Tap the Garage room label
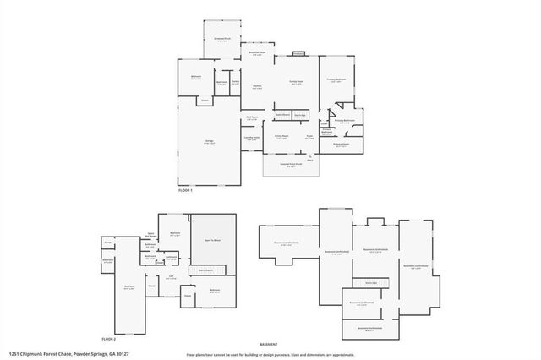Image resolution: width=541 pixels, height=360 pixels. pyautogui.click(x=207, y=142)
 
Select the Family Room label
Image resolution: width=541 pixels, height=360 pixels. pyautogui.click(x=296, y=83)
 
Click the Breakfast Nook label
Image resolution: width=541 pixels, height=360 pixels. pyautogui.click(x=256, y=53)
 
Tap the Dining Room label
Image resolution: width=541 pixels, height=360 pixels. pyautogui.click(x=281, y=136)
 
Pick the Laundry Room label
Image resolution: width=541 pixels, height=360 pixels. pyautogui.click(x=252, y=139)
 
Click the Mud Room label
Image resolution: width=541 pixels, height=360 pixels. pyautogui.click(x=251, y=118)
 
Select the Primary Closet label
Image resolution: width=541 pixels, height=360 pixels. pyautogui.click(x=340, y=145)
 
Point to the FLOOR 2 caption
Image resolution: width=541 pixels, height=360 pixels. pyautogui.click(x=109, y=338)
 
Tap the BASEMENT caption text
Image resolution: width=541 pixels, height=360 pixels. pyautogui.click(x=268, y=345)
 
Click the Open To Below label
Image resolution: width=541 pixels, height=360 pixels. pyautogui.click(x=211, y=240)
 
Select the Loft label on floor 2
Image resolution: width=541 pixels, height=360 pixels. pyautogui.click(x=170, y=275)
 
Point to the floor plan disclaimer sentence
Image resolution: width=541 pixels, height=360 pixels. pyautogui.click(x=270, y=355)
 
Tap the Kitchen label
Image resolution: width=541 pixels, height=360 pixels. pyautogui.click(x=256, y=86)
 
